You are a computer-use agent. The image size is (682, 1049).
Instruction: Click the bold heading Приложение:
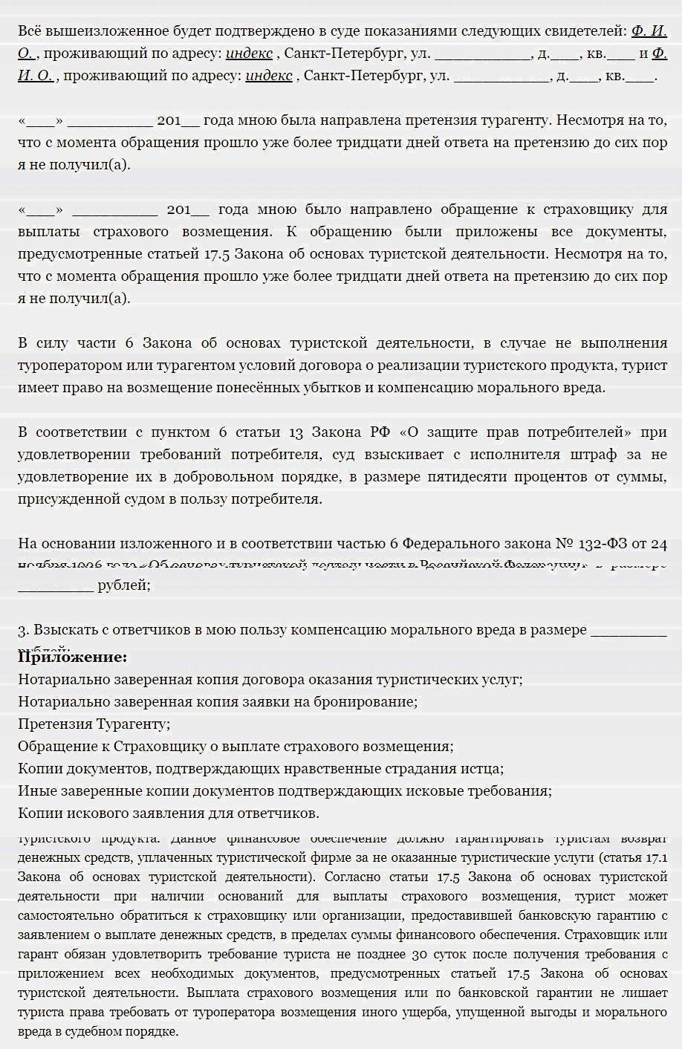tap(72, 657)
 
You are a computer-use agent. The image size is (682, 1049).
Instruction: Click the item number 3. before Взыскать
tap(23, 631)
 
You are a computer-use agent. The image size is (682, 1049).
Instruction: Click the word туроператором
tap(61, 366)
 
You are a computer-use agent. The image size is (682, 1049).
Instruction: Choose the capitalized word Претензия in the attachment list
tap(53, 724)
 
